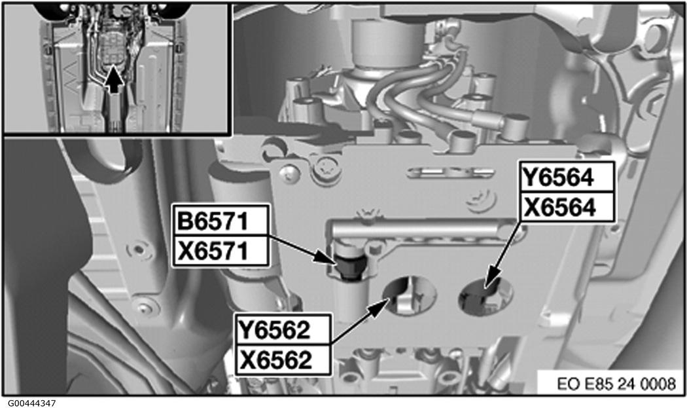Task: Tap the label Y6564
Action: coord(567,177)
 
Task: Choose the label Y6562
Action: coord(283,329)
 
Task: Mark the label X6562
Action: coord(283,360)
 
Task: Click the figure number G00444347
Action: coord(33,402)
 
